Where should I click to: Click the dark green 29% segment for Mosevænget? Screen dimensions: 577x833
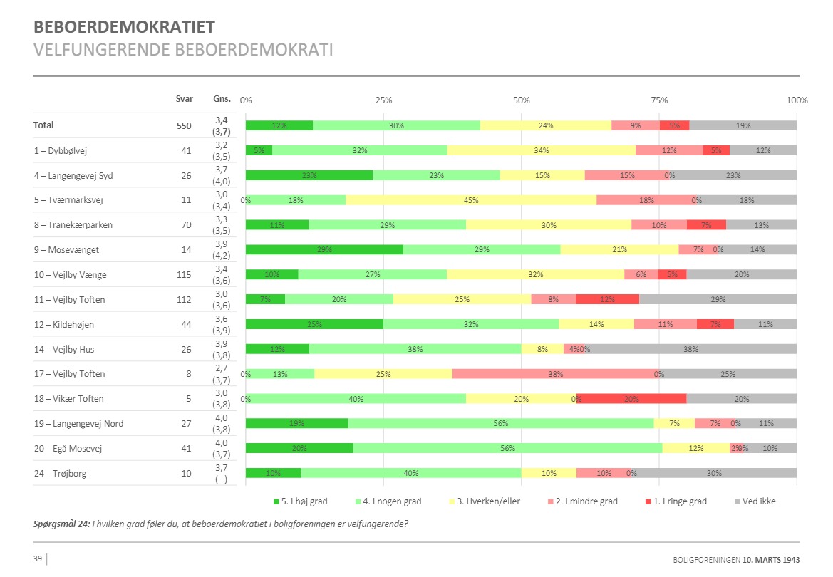(324, 249)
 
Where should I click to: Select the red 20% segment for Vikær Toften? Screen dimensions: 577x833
(631, 399)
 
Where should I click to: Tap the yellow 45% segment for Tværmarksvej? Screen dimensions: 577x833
(471, 200)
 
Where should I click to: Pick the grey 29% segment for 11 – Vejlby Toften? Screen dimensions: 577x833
(718, 299)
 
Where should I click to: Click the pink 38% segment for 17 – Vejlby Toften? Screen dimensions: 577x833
(556, 374)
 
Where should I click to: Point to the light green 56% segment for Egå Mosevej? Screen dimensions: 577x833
(507, 448)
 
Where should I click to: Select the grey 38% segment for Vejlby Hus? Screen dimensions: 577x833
(690, 349)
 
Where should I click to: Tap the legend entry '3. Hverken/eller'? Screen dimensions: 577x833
(488, 501)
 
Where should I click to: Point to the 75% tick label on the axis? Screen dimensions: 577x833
(659, 100)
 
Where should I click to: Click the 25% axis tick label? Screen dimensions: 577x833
(383, 100)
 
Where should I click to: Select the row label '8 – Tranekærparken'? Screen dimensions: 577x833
(73, 225)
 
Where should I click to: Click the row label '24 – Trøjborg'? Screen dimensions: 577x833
(60, 473)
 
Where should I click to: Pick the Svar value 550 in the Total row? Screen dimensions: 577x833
(185, 125)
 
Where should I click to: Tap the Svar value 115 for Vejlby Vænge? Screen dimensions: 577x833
(185, 275)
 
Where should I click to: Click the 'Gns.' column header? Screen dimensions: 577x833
(222, 99)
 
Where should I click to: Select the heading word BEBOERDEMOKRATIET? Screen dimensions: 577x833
(124, 27)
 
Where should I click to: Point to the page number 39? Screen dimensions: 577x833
(38, 558)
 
